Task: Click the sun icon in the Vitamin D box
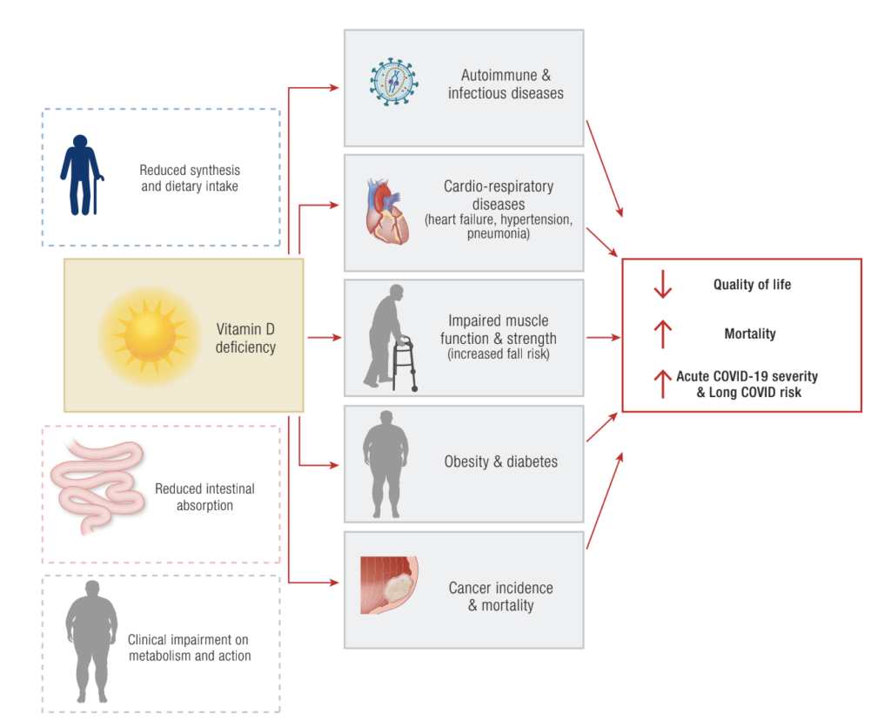point(144,335)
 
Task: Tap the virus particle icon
point(394,82)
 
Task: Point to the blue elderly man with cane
point(81,175)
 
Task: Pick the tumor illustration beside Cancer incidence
point(389,585)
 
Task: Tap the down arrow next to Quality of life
point(663,285)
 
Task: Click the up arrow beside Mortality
point(663,334)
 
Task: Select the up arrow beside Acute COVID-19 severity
point(663,383)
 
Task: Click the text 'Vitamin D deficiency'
point(246,339)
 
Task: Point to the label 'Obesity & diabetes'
point(500,462)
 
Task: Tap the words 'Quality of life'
point(752,285)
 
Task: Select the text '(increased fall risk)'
point(499,354)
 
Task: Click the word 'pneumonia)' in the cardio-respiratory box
point(499,234)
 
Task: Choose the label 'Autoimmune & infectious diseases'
point(506,84)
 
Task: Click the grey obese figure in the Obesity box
point(385,462)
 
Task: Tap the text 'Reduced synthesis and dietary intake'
point(190,178)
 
